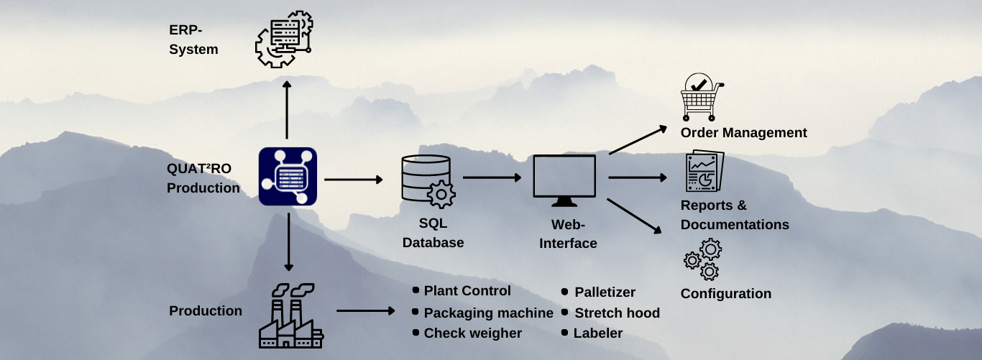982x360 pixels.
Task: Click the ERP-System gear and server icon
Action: click(x=283, y=40)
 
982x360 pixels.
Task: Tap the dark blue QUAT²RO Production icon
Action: click(x=288, y=176)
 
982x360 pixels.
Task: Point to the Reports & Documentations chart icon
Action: click(x=704, y=172)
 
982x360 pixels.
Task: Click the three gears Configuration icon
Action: click(x=702, y=259)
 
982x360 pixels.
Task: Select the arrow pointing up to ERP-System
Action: click(x=287, y=110)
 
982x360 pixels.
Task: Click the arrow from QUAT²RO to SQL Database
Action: click(x=354, y=179)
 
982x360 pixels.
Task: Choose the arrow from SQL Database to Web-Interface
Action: click(x=492, y=177)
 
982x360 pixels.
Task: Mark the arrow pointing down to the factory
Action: click(x=288, y=243)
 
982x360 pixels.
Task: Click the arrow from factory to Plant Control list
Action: click(x=365, y=311)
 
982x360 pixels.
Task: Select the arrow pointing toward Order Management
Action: click(x=638, y=140)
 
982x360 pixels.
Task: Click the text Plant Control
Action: click(x=467, y=291)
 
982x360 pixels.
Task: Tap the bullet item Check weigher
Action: click(x=472, y=333)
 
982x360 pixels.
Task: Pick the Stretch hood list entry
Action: click(x=617, y=313)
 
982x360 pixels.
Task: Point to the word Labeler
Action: click(x=597, y=333)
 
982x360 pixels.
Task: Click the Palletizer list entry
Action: click(x=605, y=292)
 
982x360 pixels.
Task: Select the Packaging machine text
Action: click(x=488, y=313)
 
